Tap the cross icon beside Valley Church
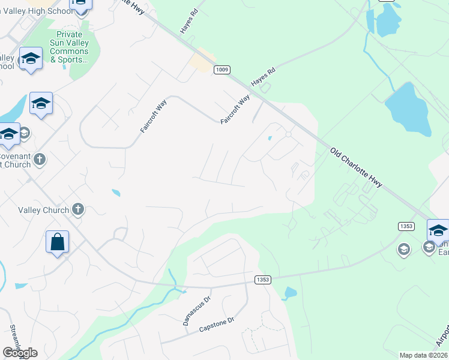tap(77, 209)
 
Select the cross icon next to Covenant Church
tap(40, 160)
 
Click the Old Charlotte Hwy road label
tap(356, 168)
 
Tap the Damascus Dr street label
tap(197, 310)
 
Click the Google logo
tap(20, 353)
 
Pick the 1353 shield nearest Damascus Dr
tap(263, 280)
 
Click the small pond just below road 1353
tap(290, 294)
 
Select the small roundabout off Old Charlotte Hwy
tap(288, 134)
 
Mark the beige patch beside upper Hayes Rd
tap(202, 60)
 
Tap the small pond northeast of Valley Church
tap(115, 193)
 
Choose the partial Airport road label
tap(442, 336)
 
